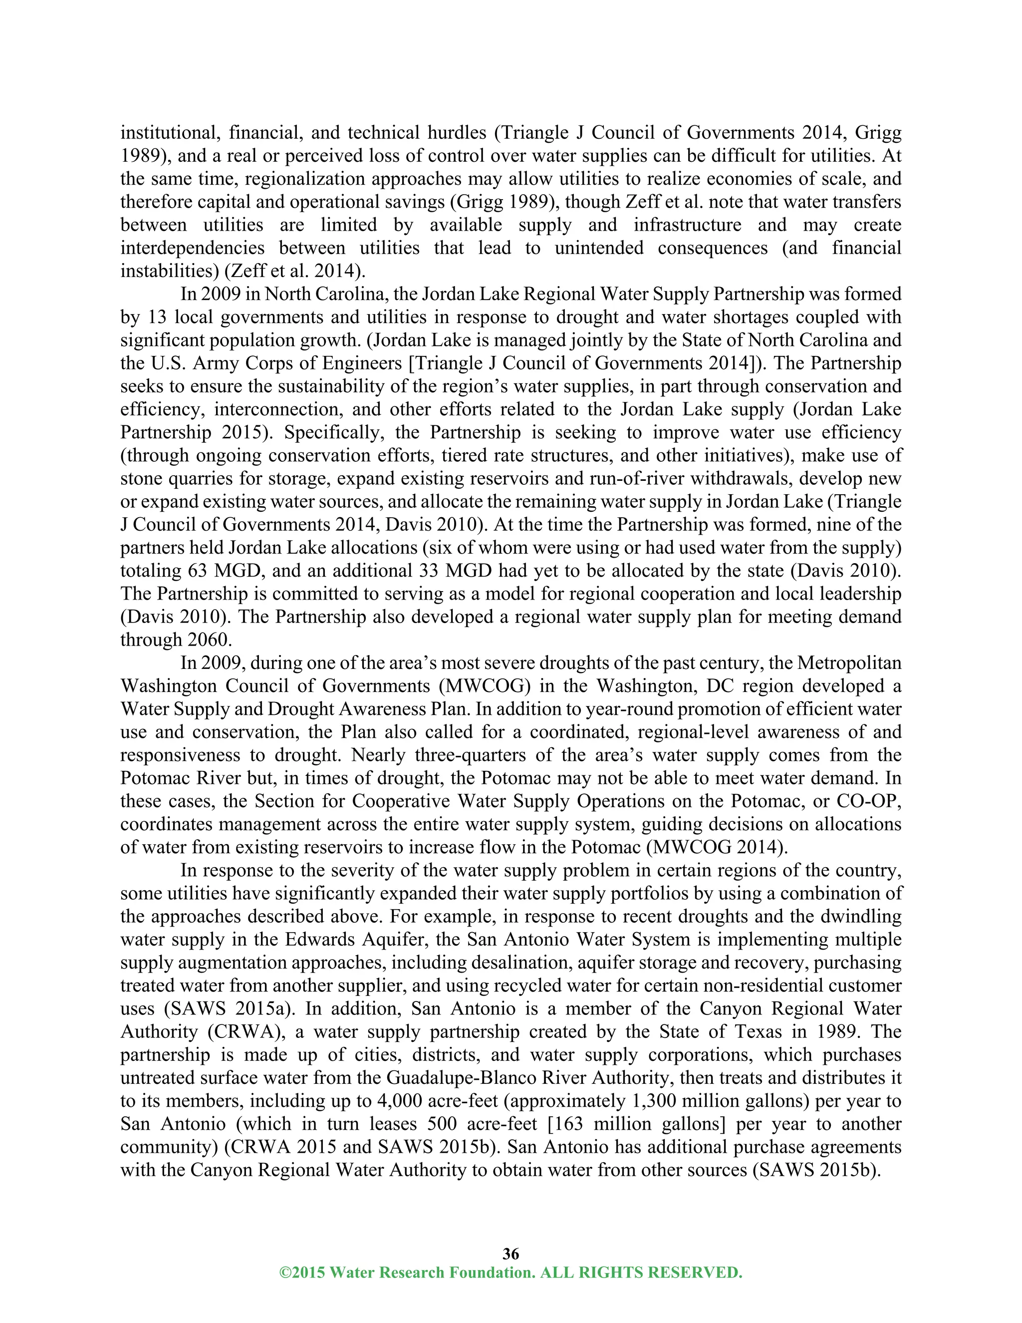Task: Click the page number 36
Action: click(511, 1253)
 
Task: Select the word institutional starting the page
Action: click(167, 133)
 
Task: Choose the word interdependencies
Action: click(193, 248)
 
